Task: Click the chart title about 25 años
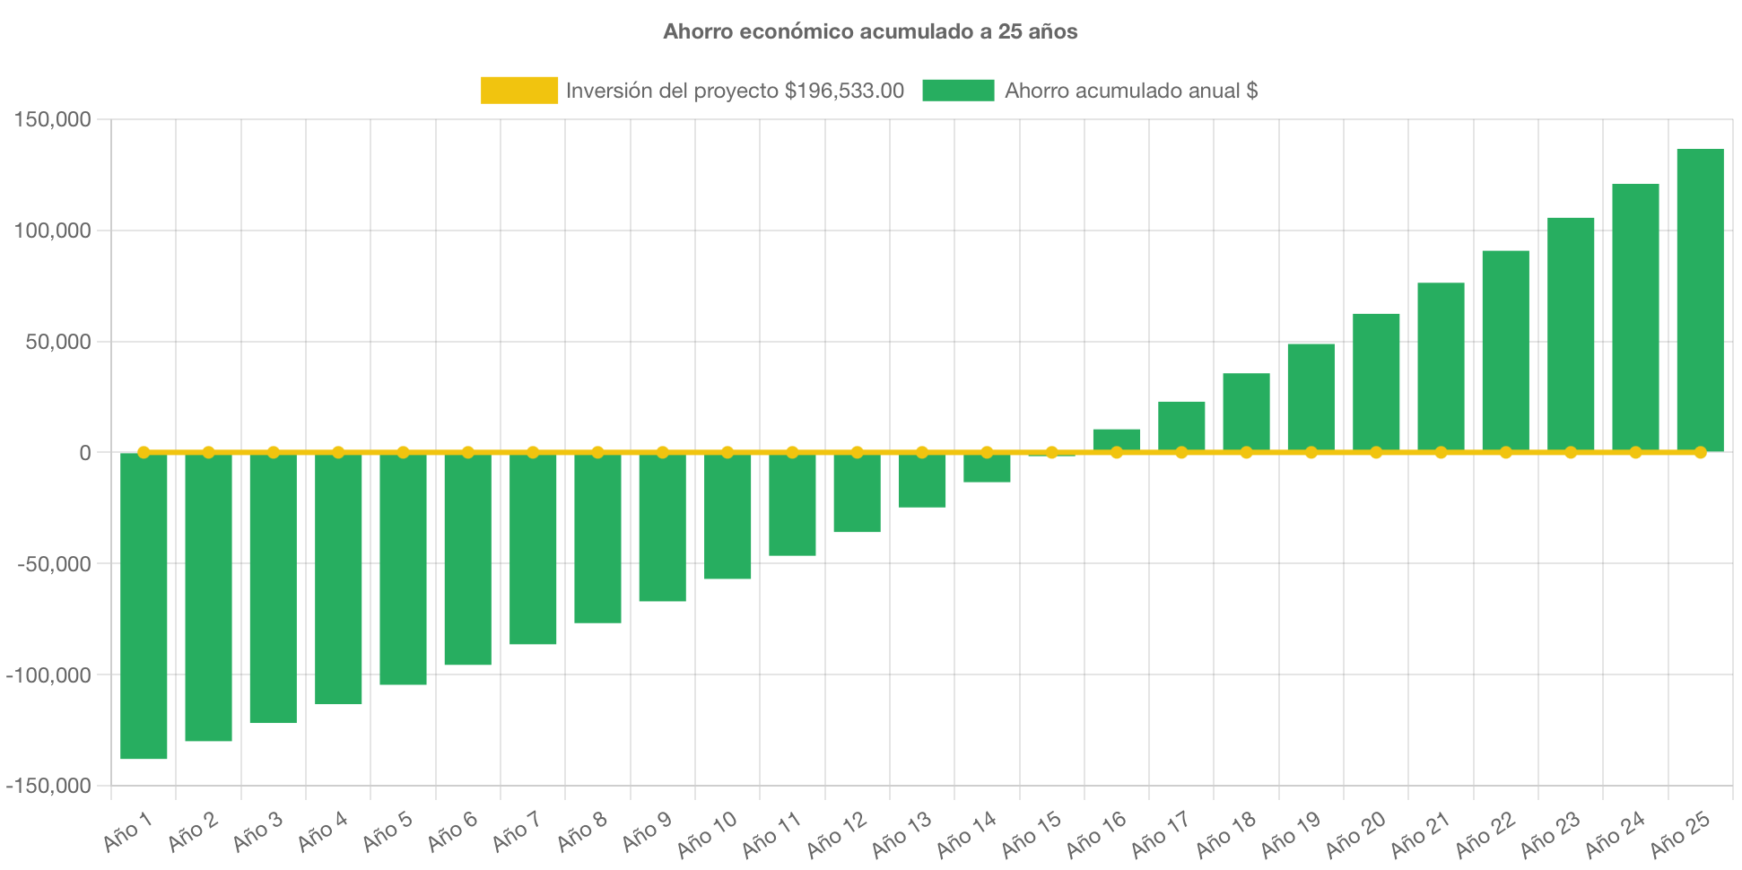(x=870, y=31)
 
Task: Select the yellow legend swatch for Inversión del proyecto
(x=518, y=90)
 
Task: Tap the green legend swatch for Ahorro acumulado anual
(x=958, y=90)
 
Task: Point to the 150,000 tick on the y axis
(x=52, y=119)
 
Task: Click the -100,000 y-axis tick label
(x=48, y=675)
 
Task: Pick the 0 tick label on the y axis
(x=84, y=454)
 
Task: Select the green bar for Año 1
(x=144, y=606)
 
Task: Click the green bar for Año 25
(x=1700, y=300)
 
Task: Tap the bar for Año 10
(x=727, y=517)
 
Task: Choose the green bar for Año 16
(x=1117, y=439)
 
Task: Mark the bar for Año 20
(x=1376, y=381)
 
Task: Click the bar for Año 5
(x=403, y=570)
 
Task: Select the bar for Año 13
(x=922, y=481)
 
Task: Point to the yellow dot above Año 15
(x=1051, y=452)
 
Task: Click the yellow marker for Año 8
(x=597, y=452)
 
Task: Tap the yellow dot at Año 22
(x=1505, y=452)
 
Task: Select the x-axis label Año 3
(x=257, y=831)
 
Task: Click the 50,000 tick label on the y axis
(x=57, y=342)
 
